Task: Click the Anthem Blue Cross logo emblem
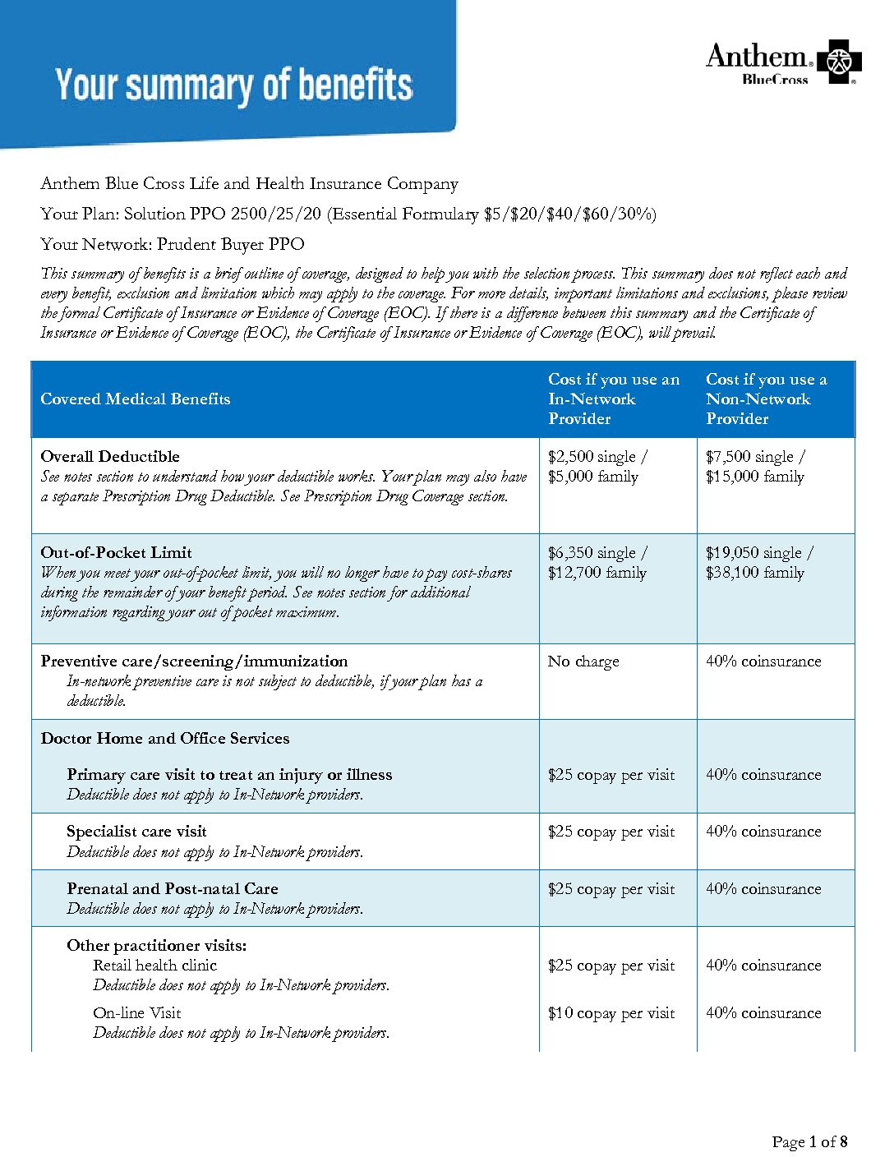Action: [x=838, y=62]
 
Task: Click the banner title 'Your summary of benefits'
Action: [x=234, y=85]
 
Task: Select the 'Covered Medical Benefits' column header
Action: [x=136, y=399]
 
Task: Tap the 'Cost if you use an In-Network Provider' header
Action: [x=614, y=399]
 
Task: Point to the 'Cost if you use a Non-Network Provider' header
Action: [x=766, y=399]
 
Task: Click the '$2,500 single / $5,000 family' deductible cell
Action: [x=597, y=467]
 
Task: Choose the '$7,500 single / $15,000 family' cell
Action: [x=755, y=467]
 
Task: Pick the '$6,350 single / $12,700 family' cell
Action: [x=597, y=563]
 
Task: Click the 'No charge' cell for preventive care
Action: [x=583, y=661]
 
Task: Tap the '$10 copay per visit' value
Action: [x=611, y=1013]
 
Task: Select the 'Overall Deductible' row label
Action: [x=110, y=457]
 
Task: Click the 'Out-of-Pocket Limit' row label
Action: [x=117, y=553]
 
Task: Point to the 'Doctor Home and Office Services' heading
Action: [x=165, y=739]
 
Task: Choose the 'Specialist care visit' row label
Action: [x=136, y=832]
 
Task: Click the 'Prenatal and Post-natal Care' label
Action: [x=173, y=889]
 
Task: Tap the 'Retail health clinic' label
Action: [x=154, y=966]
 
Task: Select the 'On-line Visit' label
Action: [x=136, y=1013]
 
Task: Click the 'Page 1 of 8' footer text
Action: [x=809, y=1141]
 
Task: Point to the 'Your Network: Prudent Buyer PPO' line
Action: [x=173, y=244]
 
